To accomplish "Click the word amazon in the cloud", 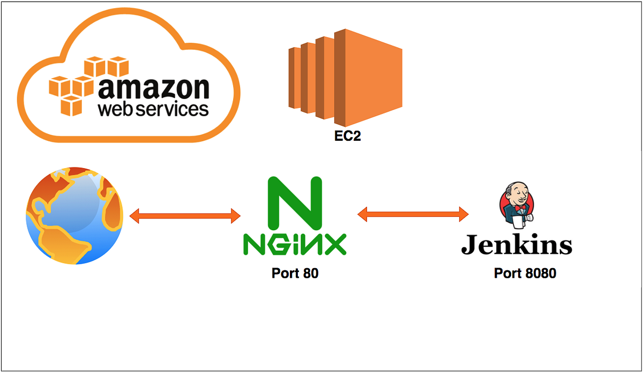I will click(x=153, y=88).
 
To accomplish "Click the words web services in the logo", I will click(x=153, y=109).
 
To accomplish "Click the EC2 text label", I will click(x=347, y=136).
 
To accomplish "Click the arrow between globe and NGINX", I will click(x=185, y=216).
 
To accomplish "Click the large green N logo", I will click(x=295, y=202).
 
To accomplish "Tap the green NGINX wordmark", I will click(x=295, y=244).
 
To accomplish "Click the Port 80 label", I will click(x=295, y=274).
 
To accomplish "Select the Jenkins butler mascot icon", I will click(x=517, y=204).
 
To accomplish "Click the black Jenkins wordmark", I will click(x=517, y=245).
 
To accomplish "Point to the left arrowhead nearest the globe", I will click(x=135, y=216).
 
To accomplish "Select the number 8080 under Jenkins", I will click(x=539, y=274).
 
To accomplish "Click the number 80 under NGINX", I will click(x=310, y=274).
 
